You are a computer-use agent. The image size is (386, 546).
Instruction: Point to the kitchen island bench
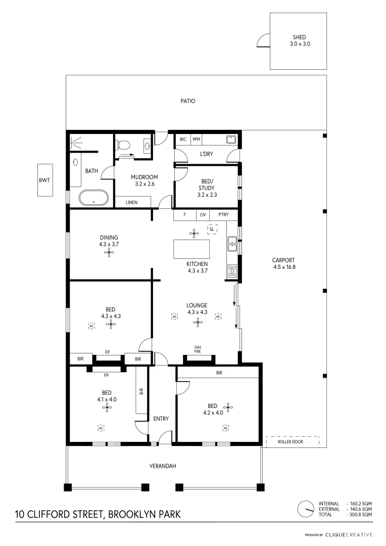point(191,249)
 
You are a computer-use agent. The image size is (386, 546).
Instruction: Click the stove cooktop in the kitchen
point(232,271)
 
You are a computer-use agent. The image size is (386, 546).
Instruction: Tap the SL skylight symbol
point(212,229)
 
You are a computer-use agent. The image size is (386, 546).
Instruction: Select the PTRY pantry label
point(223,215)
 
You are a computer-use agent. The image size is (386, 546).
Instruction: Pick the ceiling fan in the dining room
point(110,253)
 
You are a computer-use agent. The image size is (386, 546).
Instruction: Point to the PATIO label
point(188,101)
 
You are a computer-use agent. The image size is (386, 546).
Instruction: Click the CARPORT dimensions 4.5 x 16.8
point(283,267)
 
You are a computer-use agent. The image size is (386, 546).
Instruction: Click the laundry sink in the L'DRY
point(231,140)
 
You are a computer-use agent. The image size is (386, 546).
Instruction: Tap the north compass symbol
point(305,509)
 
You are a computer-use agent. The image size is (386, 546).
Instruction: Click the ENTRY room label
point(161,419)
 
